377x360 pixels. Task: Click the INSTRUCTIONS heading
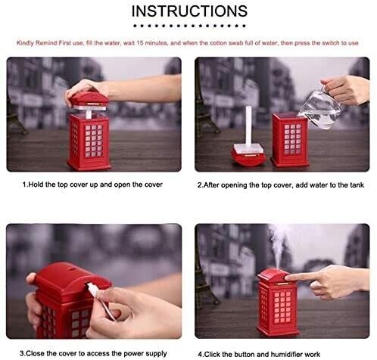[189, 11]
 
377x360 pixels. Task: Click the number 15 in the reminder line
[140, 43]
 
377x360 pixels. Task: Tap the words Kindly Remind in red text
[37, 43]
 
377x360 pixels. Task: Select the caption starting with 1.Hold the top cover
[92, 185]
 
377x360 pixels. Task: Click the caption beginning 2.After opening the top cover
[281, 185]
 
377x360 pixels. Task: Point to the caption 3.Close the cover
[93, 353]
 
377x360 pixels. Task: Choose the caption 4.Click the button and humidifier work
[259, 354]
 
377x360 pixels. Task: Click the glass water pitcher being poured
[320, 108]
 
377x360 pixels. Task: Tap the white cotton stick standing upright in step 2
[248, 127]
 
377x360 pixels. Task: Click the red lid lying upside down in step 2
[248, 156]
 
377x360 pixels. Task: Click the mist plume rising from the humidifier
[278, 246]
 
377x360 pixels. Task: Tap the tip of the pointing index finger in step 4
[287, 278]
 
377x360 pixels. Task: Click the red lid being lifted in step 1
[89, 99]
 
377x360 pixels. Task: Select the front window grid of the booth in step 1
[94, 141]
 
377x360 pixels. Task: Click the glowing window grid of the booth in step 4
[282, 307]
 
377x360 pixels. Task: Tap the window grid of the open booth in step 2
[293, 139]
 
